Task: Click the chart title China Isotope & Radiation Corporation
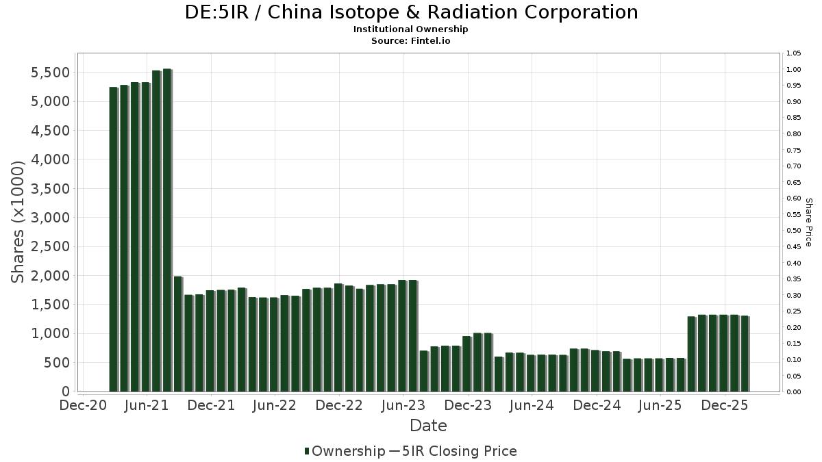click(411, 12)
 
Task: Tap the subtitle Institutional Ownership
click(411, 29)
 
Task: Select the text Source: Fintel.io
click(411, 40)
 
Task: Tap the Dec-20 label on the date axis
click(83, 405)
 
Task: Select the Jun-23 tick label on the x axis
click(403, 405)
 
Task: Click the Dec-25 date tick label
click(724, 405)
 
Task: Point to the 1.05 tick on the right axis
click(794, 53)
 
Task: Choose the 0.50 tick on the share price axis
click(794, 231)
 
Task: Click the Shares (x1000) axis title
click(19, 222)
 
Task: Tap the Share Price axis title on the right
click(808, 222)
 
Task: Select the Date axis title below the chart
click(428, 426)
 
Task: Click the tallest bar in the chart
click(166, 230)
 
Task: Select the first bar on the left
click(113, 239)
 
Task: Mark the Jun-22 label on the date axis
click(275, 405)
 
